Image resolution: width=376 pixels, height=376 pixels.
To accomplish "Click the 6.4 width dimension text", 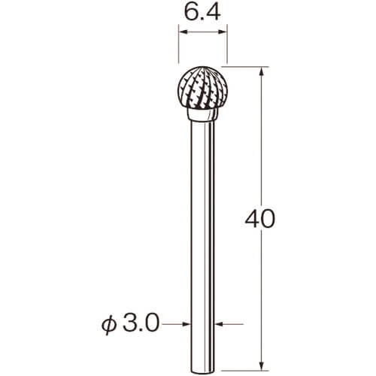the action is point(202,12).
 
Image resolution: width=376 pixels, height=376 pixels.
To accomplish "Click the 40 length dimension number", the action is point(260,219).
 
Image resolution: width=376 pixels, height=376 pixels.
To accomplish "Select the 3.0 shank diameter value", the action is point(141,323).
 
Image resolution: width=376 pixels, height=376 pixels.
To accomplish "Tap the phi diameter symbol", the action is point(109,325).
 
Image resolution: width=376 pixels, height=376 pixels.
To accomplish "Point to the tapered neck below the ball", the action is point(202,115).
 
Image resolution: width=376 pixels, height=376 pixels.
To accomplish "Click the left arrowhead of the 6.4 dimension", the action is point(183,32).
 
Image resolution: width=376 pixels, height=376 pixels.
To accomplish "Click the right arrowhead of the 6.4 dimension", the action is point(223,32).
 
